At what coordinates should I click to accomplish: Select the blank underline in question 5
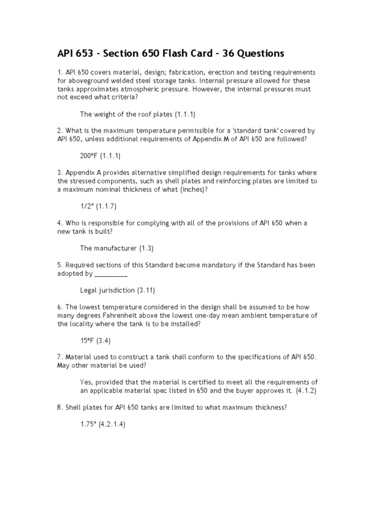[x=111, y=274]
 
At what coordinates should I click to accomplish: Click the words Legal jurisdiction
[x=107, y=290]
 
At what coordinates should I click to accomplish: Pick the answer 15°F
[x=87, y=341]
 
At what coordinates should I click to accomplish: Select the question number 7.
[x=59, y=357]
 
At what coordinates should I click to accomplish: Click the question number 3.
[x=59, y=173]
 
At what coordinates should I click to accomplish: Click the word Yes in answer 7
[x=86, y=382]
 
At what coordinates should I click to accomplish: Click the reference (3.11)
[x=146, y=290]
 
